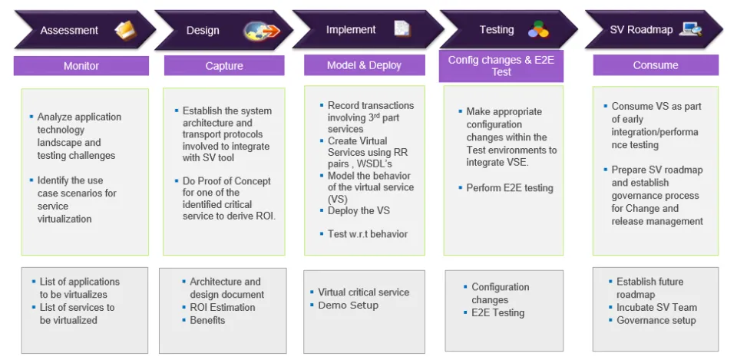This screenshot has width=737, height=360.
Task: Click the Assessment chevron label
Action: [x=69, y=31]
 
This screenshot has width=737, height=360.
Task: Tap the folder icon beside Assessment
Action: [x=125, y=31]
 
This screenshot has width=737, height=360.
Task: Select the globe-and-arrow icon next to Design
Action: [x=261, y=31]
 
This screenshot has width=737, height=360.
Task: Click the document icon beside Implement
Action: [x=402, y=28]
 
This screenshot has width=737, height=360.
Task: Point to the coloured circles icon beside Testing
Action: [x=538, y=30]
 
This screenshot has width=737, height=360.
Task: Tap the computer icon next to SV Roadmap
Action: [x=690, y=29]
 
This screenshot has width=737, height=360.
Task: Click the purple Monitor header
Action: [x=81, y=66]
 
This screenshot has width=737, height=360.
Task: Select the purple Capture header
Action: [x=224, y=66]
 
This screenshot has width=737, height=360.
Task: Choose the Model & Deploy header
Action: [x=364, y=65]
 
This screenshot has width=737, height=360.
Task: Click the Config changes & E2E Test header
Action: [x=501, y=66]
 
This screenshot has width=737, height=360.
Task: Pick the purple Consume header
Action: [x=656, y=65]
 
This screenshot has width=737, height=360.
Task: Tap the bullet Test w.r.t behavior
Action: [x=368, y=234]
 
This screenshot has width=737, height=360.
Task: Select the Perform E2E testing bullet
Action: [x=510, y=188]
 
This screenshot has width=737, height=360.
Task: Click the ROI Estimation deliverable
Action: [x=223, y=307]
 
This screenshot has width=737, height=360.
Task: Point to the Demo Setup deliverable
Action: [x=349, y=306]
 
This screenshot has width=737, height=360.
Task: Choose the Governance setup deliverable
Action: [x=656, y=321]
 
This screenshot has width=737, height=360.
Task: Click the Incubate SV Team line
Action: [x=656, y=307]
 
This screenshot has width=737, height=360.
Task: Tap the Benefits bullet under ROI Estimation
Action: [x=207, y=321]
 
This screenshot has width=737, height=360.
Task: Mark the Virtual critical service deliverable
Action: [x=363, y=292]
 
